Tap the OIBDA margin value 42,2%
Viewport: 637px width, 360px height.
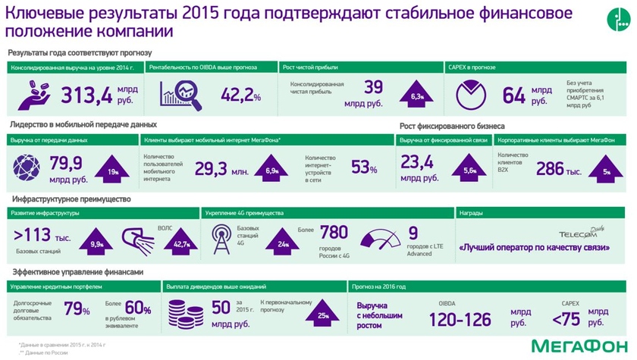click(241, 95)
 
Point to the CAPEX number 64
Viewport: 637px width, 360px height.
click(513, 95)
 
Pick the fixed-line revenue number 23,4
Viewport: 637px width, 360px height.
click(417, 161)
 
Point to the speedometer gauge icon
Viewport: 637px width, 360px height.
click(381, 238)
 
